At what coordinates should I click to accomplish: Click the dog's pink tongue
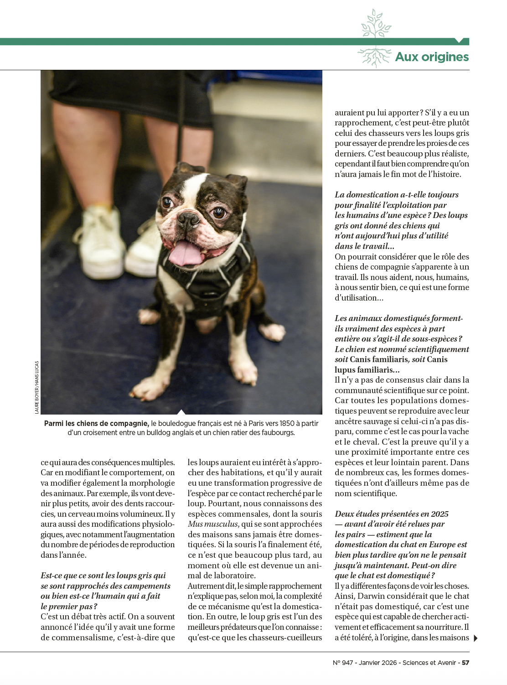[186, 254]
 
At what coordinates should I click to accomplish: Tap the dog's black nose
[188, 219]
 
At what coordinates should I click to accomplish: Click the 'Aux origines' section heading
[431, 57]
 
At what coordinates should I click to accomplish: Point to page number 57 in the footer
[465, 663]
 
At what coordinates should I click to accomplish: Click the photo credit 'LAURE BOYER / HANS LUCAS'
[37, 387]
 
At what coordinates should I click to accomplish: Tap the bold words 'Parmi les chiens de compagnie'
[96, 424]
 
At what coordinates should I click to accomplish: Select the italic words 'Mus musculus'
[213, 524]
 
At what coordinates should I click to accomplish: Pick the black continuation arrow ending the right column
[476, 638]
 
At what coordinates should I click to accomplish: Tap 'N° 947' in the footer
[343, 663]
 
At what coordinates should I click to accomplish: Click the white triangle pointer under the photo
[181, 412]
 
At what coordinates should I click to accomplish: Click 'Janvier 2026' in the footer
[378, 663]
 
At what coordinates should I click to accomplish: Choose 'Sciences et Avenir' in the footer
[429, 663]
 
